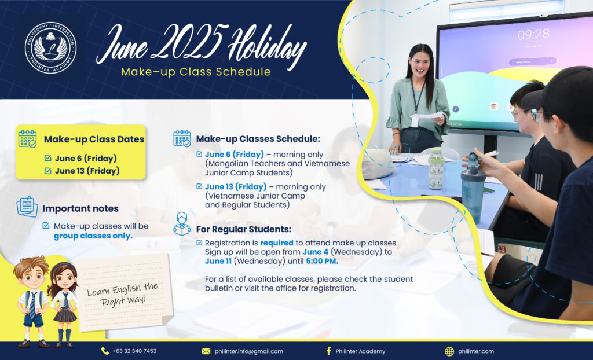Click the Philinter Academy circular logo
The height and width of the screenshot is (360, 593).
(51, 47)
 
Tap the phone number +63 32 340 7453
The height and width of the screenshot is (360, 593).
(134, 351)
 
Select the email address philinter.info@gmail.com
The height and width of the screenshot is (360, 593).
(248, 351)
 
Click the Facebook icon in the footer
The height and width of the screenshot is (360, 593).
(328, 351)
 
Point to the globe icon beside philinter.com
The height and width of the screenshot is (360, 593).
(449, 351)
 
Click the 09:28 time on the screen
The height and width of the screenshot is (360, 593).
(533, 35)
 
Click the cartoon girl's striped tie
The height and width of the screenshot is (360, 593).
(66, 300)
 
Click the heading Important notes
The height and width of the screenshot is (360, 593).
(80, 208)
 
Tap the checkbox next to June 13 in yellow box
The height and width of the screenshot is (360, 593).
(47, 171)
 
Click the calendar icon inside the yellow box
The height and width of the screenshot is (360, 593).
(28, 139)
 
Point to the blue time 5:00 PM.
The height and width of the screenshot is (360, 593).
(322, 261)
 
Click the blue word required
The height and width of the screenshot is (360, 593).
(277, 243)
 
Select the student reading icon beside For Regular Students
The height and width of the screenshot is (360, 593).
(182, 224)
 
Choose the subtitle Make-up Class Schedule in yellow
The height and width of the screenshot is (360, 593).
(196, 72)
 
